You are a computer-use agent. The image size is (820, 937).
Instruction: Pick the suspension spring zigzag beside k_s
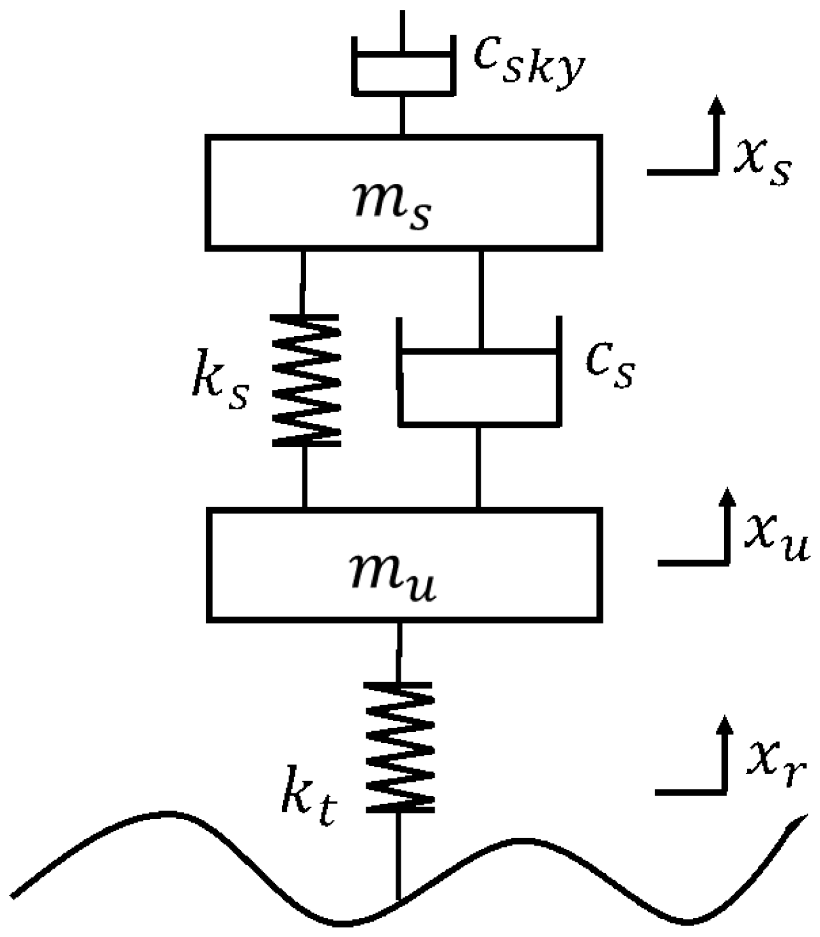[x=306, y=380]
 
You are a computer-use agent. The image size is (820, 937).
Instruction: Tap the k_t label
[x=309, y=804]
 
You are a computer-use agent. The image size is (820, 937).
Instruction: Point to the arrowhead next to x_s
[x=718, y=105]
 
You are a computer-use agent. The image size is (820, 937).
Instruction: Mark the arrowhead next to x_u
[x=727, y=498]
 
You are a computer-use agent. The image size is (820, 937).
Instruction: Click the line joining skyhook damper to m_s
[x=402, y=115]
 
